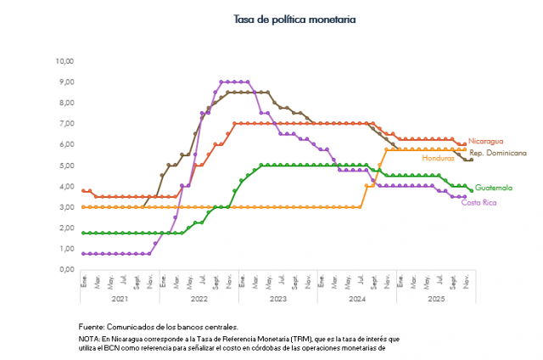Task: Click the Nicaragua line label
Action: [x=485, y=140]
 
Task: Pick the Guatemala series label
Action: [x=493, y=187]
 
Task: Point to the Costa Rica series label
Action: [x=479, y=202]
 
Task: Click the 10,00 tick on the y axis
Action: [x=64, y=61]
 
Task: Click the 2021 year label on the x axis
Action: [x=120, y=299]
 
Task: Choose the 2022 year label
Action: [x=199, y=299]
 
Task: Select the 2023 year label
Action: [x=278, y=299]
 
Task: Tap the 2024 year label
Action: [x=357, y=299]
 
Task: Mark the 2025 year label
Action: [x=436, y=299]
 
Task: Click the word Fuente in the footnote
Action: [x=92, y=327]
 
